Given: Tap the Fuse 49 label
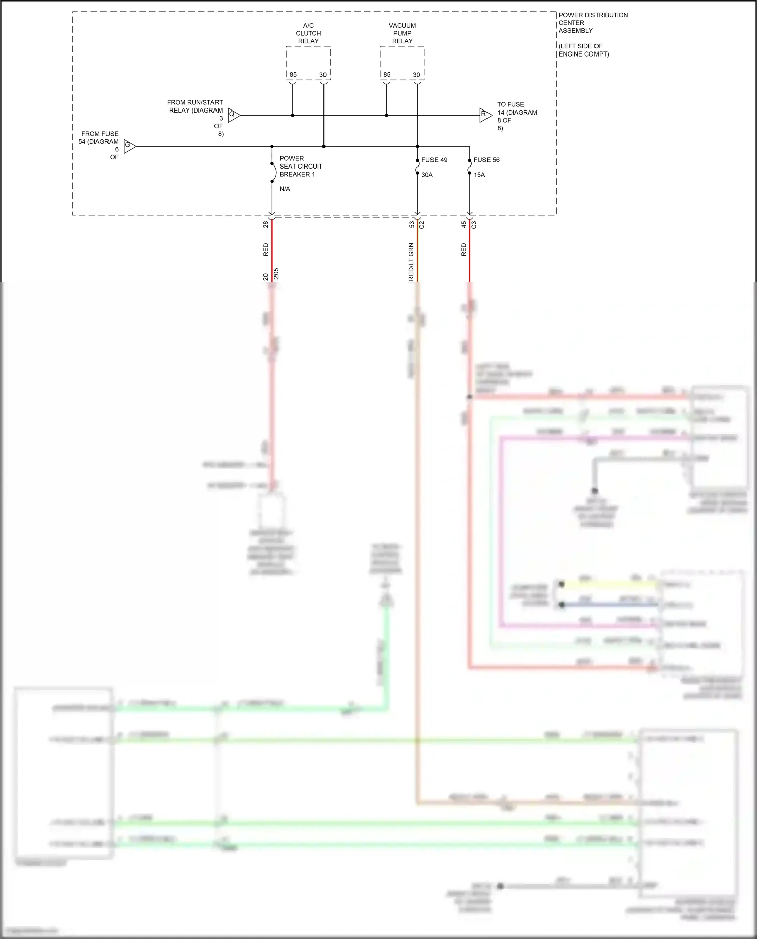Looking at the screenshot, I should [x=434, y=160].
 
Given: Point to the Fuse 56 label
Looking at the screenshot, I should [x=486, y=160].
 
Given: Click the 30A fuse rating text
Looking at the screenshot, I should [x=427, y=175].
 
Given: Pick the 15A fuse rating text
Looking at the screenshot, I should [x=479, y=175].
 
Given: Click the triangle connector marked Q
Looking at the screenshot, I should [x=233, y=115].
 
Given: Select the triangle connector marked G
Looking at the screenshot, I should [x=129, y=146].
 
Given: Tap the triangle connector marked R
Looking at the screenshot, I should [x=485, y=115].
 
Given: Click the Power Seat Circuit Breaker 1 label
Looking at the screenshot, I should [x=300, y=166].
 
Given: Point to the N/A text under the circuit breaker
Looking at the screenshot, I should [x=285, y=189].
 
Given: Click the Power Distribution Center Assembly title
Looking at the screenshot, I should [x=592, y=23].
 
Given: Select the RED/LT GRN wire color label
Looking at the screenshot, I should [x=411, y=261].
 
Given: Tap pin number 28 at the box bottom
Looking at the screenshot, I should [x=266, y=224].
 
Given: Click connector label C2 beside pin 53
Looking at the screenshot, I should [x=422, y=225].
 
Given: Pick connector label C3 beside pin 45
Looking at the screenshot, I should [x=474, y=225].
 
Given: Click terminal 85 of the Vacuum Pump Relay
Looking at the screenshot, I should [x=387, y=75].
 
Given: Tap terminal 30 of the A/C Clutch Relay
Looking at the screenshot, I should [x=323, y=75].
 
